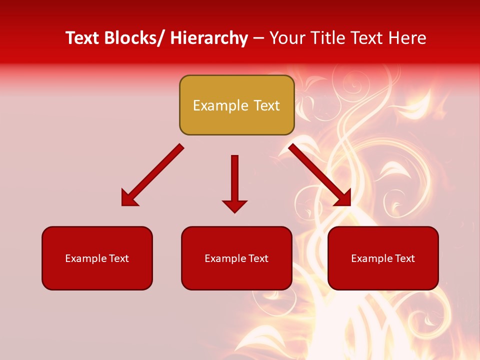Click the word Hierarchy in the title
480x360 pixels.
click(209, 38)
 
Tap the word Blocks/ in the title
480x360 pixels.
click(134, 38)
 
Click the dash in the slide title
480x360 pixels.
click(258, 38)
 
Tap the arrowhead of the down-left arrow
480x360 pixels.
click(128, 198)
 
